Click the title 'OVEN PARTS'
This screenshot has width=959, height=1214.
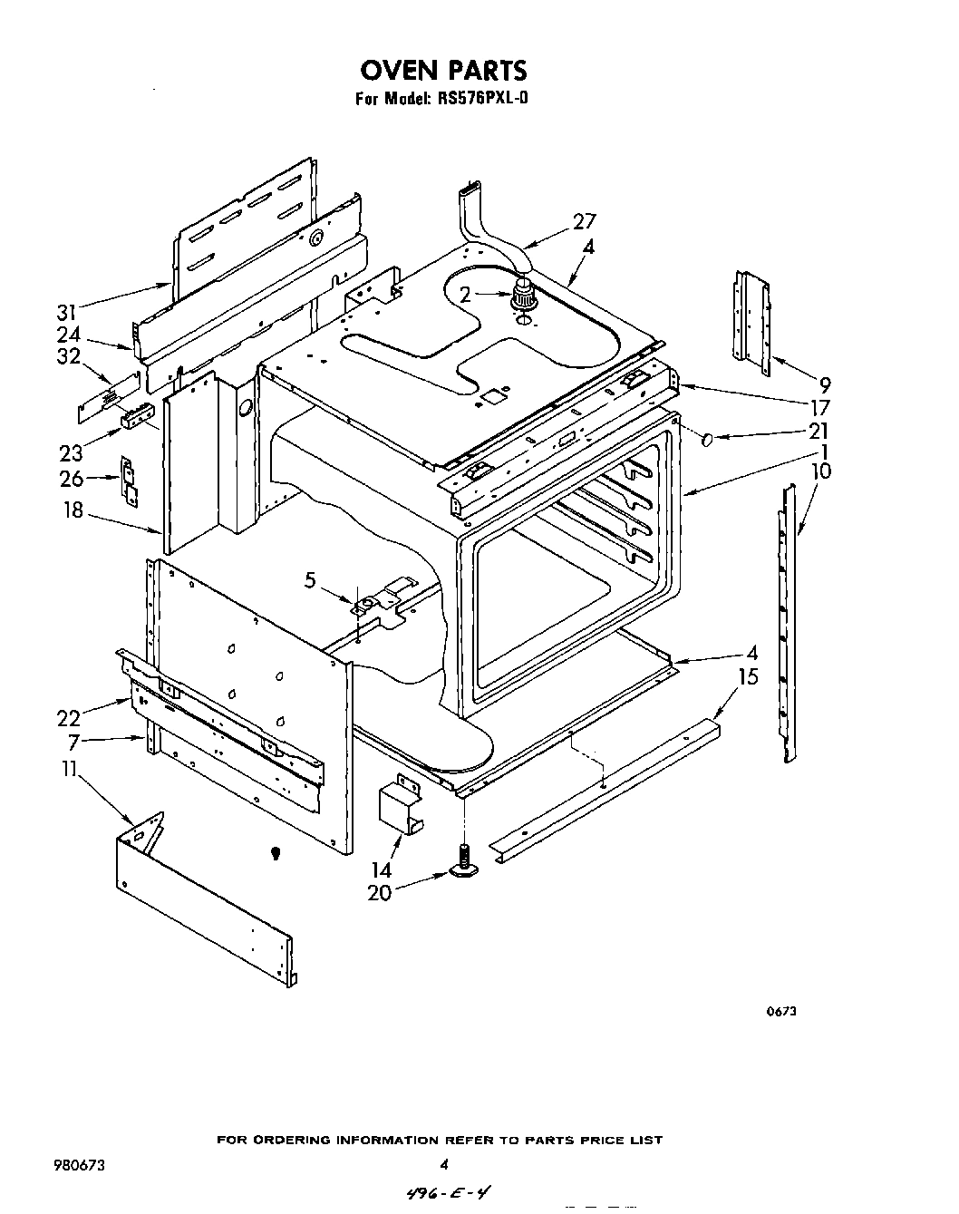443,70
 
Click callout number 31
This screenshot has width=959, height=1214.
66,313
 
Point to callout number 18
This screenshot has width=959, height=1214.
72,510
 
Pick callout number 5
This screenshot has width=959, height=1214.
310,581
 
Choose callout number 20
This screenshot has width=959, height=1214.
379,893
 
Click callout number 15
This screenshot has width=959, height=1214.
748,677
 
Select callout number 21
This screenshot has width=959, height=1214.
819,431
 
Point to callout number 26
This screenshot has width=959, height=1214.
71,480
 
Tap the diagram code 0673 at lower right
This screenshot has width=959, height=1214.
783,1013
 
